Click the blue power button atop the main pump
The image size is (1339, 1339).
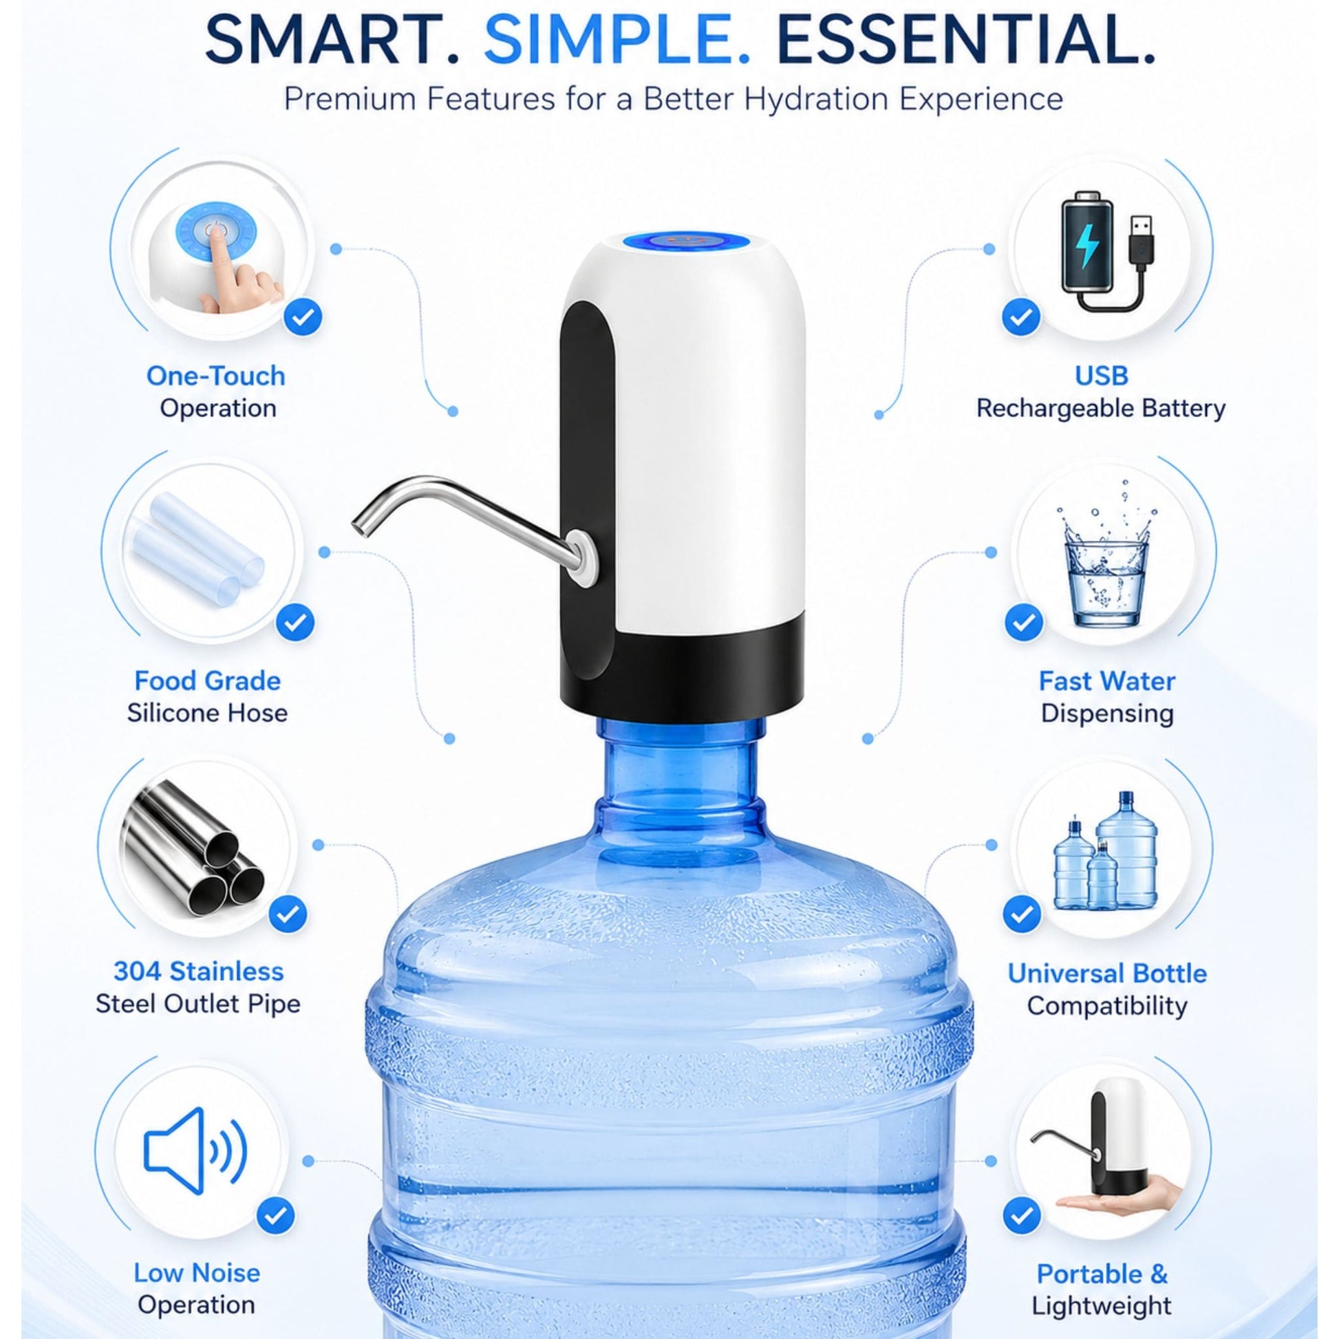(x=682, y=242)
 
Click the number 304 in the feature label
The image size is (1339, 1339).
(x=137, y=972)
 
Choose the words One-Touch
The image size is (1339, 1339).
(x=216, y=376)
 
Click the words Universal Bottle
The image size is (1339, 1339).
(x=1108, y=973)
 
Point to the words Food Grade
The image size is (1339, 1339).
(x=208, y=681)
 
